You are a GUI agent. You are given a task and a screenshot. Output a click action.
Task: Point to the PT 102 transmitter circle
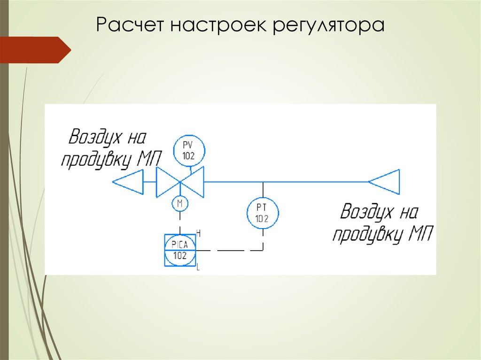[263, 213]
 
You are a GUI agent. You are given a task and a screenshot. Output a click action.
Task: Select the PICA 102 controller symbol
[180, 250]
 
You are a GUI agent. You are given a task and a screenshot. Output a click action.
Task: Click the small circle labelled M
[179, 203]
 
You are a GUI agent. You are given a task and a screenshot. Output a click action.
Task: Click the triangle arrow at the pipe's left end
[128, 181]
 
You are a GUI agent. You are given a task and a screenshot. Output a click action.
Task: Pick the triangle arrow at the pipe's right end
[385, 181]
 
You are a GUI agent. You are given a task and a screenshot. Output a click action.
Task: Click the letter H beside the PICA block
[198, 233]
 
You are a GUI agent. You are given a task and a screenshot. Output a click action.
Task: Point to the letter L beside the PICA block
[198, 268]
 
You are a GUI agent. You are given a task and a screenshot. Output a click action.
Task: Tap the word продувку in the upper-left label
[97, 161]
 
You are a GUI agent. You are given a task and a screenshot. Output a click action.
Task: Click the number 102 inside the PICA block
[180, 256]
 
